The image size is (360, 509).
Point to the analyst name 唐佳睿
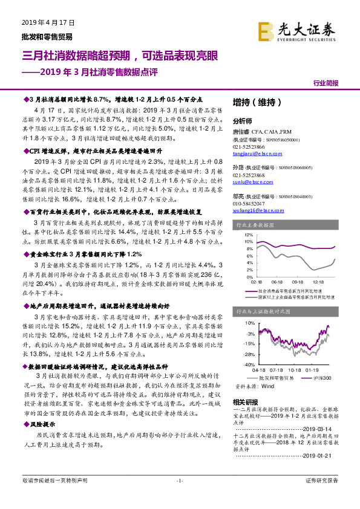point(241,131)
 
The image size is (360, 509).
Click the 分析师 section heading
point(242,120)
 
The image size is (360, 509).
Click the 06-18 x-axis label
point(277,281)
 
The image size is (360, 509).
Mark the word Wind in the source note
point(267,385)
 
